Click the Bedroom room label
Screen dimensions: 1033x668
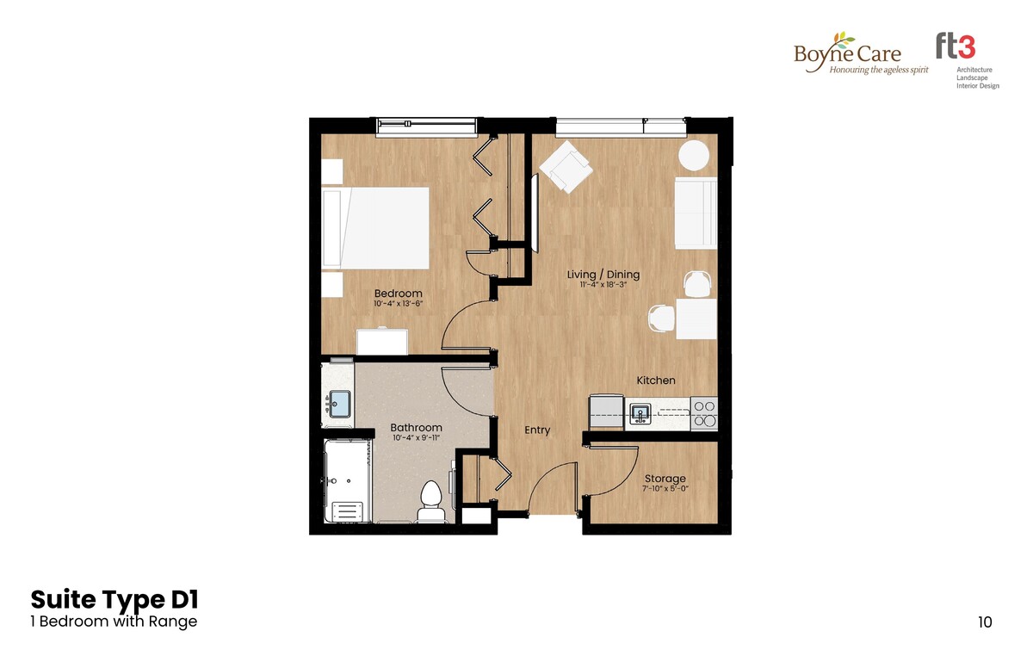tap(398, 294)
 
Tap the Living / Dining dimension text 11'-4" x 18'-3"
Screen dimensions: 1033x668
tap(603, 285)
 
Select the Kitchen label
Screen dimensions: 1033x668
tap(656, 380)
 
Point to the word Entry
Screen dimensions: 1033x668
tap(537, 430)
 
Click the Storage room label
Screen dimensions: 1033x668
tap(665, 479)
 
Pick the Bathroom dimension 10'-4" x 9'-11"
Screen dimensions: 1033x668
tap(416, 437)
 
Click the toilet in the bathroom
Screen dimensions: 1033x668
tap(431, 502)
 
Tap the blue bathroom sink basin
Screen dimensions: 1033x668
tap(340, 403)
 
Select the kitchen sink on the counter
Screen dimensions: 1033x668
tap(640, 413)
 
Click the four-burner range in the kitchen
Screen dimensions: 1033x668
tap(704, 413)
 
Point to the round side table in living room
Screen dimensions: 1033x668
tap(693, 156)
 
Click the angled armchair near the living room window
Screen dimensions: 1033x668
tap(566, 167)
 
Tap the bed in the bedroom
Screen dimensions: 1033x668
tap(375, 228)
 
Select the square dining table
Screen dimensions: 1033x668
tap(696, 319)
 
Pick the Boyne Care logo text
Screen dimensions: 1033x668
tap(847, 54)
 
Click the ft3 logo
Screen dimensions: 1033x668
tap(955, 46)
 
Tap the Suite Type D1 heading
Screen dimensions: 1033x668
tap(114, 599)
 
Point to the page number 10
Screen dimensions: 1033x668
tap(985, 622)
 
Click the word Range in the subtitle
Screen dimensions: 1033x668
tap(172, 622)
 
